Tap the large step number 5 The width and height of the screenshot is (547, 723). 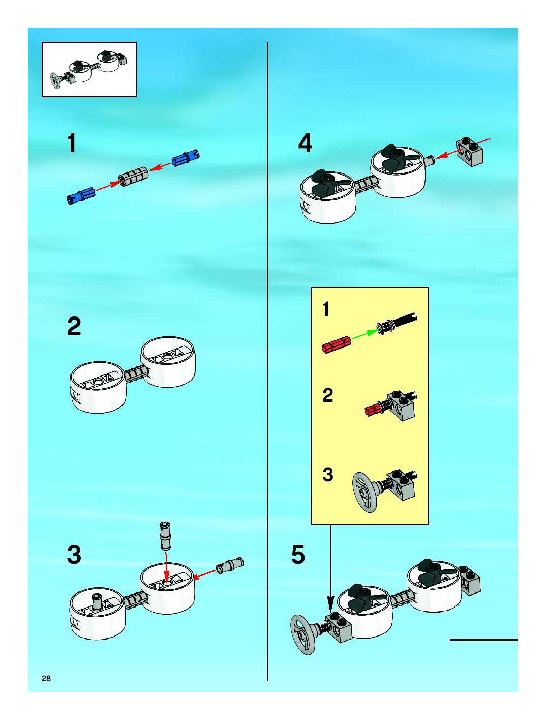pos(298,554)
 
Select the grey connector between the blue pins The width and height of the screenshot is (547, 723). pos(133,177)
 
